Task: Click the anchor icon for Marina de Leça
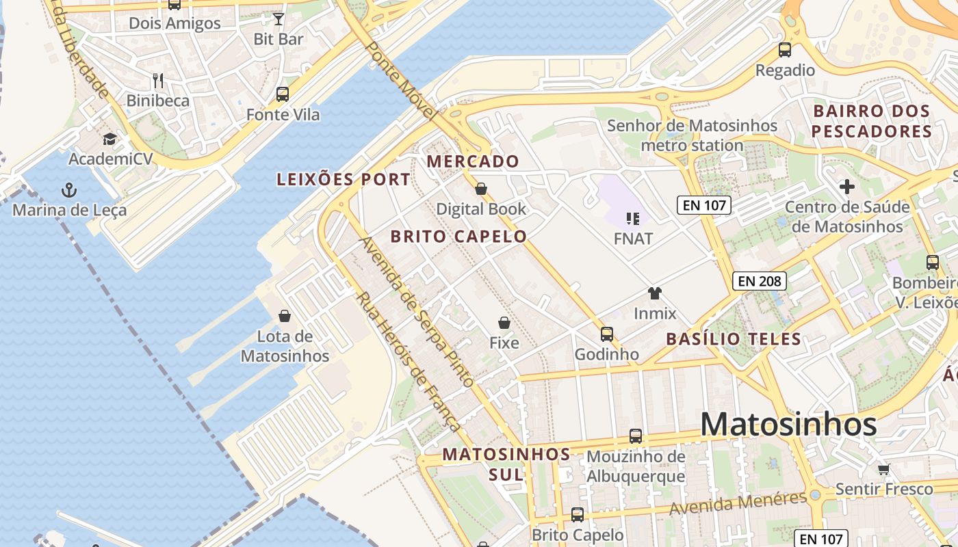(68, 189)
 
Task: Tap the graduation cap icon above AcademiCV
(109, 139)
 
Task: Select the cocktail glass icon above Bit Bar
(279, 18)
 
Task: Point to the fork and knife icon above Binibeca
(158, 81)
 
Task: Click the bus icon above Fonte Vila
(283, 94)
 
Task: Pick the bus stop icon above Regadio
(785, 50)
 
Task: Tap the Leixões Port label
(344, 180)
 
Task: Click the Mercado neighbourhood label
(473, 162)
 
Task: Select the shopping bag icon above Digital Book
(481, 189)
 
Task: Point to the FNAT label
(633, 239)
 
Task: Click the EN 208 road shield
(760, 280)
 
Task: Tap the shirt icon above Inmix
(655, 293)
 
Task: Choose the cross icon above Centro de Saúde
(847, 187)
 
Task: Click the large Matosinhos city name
(788, 425)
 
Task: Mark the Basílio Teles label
(734, 338)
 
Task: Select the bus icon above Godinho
(607, 334)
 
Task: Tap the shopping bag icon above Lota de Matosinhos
(285, 316)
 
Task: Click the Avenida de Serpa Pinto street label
(417, 312)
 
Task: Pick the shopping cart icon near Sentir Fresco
(883, 469)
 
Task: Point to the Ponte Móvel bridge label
(401, 81)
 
